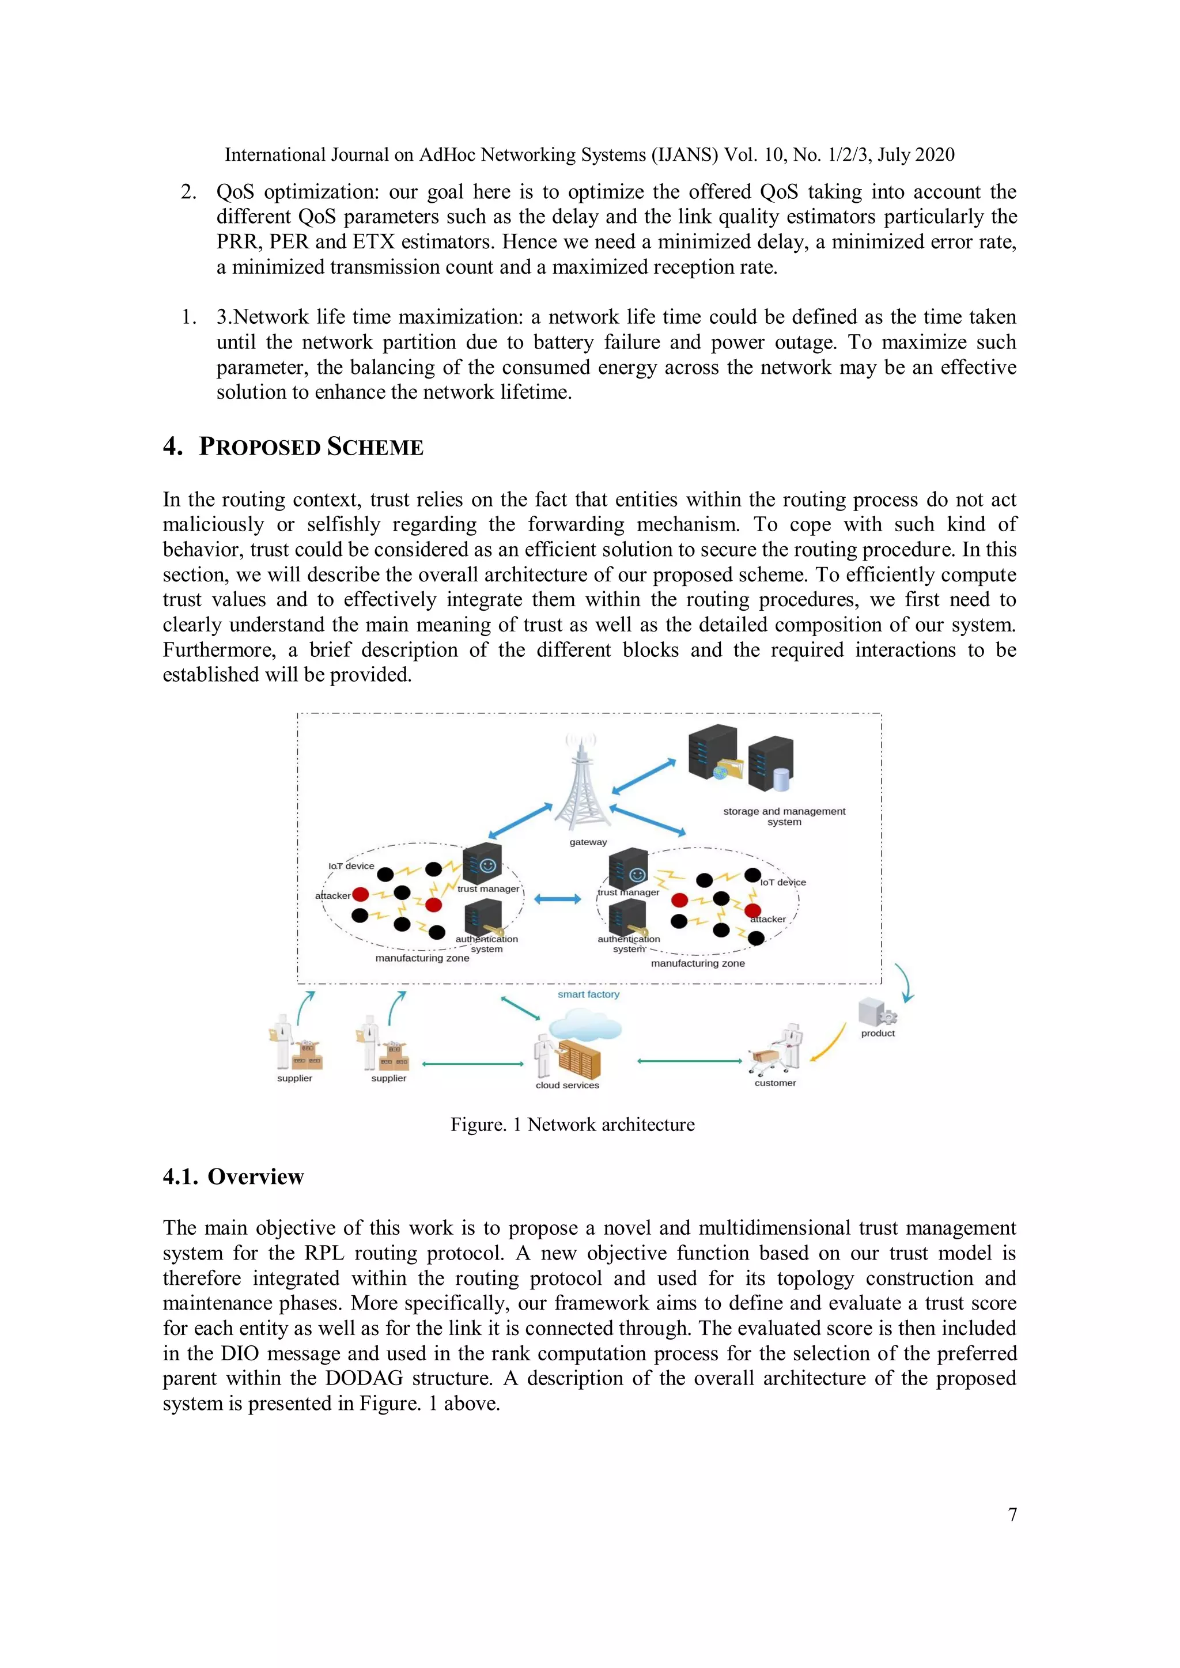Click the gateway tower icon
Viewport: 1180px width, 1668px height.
(581, 785)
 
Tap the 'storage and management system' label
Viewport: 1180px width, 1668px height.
(784, 816)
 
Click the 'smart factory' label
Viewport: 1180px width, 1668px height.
(588, 994)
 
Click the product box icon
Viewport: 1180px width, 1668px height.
(876, 1012)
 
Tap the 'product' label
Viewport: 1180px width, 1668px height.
(878, 1033)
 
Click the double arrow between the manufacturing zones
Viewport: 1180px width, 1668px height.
(557, 899)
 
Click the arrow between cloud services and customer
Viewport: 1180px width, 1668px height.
(689, 1061)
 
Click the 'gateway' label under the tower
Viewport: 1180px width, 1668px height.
(588, 842)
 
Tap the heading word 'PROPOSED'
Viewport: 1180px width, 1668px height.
(260, 446)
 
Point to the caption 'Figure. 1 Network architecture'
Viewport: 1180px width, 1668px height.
(573, 1125)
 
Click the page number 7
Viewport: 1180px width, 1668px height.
(1012, 1514)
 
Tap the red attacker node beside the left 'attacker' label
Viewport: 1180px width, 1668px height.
(360, 894)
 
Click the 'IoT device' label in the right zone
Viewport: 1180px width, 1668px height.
(783, 882)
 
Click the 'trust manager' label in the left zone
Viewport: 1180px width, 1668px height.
(488, 888)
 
